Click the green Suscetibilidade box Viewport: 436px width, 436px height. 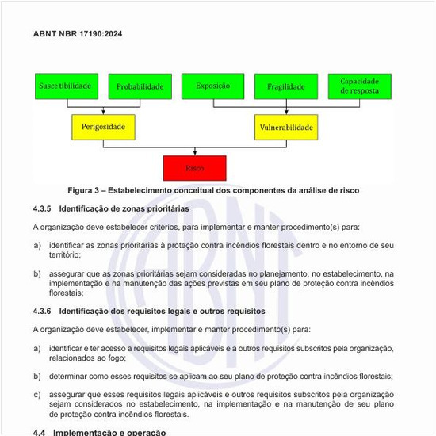coord(66,86)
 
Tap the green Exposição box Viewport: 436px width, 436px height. coord(212,86)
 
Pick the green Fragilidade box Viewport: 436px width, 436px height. coord(285,87)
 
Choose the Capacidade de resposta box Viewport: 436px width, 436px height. coord(359,86)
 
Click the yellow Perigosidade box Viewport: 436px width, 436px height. coord(103,127)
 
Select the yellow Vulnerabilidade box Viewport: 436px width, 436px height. coord(286,127)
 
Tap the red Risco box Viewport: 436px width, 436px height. coord(194,168)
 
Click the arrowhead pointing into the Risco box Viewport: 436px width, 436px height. coord(194,153)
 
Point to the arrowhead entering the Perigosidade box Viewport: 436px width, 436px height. coord(103,113)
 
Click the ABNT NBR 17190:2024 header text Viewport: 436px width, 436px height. coord(78,34)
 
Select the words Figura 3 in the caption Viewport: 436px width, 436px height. coord(83,191)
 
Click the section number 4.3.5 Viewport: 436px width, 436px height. coord(42,209)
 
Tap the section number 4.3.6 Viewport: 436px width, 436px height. coord(42,312)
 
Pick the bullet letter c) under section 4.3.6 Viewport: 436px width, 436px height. coord(37,394)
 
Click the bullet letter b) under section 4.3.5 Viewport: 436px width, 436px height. coord(37,273)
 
